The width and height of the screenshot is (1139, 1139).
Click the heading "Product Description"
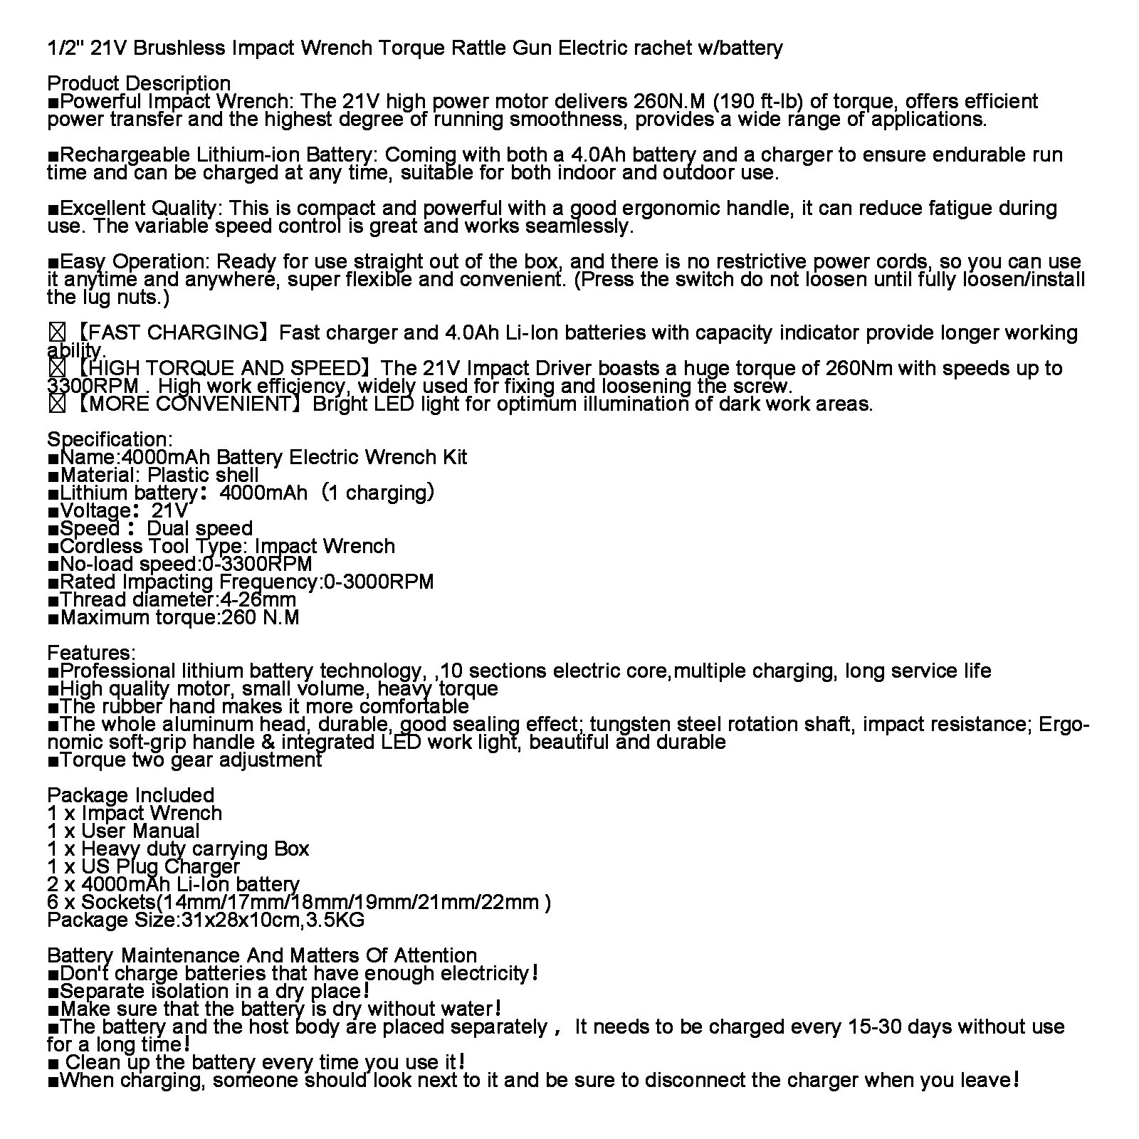[x=139, y=83]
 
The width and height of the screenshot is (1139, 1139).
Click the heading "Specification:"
[x=110, y=439]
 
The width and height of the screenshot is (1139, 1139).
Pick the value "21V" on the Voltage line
[x=170, y=510]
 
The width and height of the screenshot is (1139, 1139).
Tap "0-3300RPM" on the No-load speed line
[x=257, y=564]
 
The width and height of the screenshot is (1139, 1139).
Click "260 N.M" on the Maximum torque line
[x=261, y=617]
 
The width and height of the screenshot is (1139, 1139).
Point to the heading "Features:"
[x=91, y=653]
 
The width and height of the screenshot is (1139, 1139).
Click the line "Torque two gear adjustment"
[x=191, y=760]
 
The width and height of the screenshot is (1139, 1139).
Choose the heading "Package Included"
[x=130, y=795]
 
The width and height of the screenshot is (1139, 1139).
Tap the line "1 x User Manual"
[x=123, y=831]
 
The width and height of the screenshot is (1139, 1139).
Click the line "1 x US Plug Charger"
[x=143, y=866]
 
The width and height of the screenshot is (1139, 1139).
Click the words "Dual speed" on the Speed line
[x=199, y=528]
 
